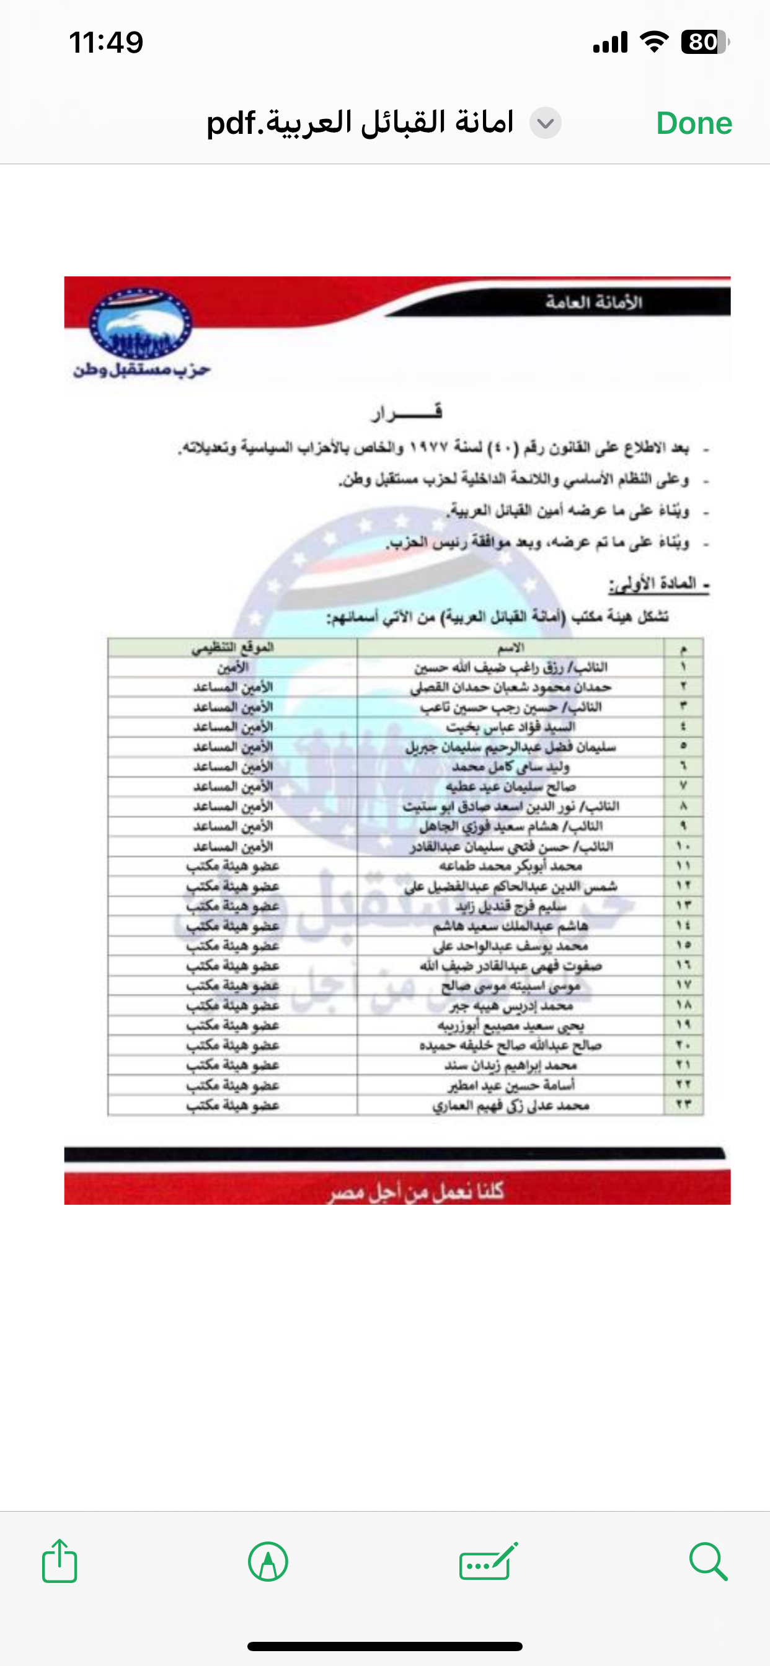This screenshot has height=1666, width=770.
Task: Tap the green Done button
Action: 694,123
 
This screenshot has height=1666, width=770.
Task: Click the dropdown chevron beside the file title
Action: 546,123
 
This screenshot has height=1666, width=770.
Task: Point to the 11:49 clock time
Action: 106,43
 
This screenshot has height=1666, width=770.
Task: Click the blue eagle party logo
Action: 140,325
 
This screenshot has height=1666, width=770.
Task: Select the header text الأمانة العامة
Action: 593,302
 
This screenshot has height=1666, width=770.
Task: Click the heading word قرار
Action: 406,412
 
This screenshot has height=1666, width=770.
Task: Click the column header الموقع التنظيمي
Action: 232,648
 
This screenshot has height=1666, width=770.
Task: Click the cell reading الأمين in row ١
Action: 232,668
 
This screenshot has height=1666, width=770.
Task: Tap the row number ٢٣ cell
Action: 683,1104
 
